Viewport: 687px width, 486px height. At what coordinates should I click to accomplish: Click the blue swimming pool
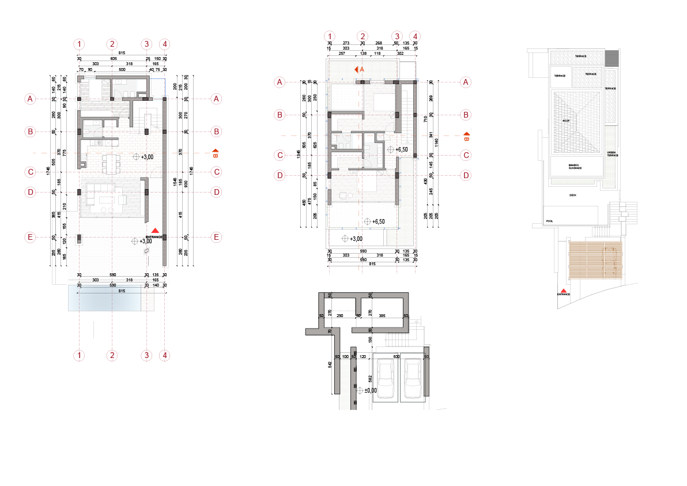pyautogui.click(x=104, y=298)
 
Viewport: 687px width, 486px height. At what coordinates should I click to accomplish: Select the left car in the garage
pyautogui.click(x=385, y=379)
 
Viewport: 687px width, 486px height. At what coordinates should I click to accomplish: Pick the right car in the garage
pyautogui.click(x=413, y=379)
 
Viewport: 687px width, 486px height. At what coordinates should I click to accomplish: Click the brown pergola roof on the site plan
pyautogui.click(x=596, y=260)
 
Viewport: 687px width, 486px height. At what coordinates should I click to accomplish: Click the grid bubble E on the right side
pyautogui.click(x=217, y=237)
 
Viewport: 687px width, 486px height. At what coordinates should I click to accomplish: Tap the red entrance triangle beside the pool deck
pyautogui.click(x=154, y=231)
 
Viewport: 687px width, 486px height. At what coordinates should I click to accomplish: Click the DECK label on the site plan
pyautogui.click(x=572, y=195)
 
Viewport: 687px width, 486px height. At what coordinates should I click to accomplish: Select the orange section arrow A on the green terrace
pyautogui.click(x=358, y=69)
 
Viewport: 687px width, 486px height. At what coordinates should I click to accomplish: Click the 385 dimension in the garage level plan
pyautogui.click(x=382, y=316)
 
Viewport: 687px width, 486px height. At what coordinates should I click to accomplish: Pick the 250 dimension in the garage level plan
pyautogui.click(x=340, y=316)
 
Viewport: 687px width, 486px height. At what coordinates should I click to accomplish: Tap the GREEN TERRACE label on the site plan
pyautogui.click(x=612, y=154)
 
